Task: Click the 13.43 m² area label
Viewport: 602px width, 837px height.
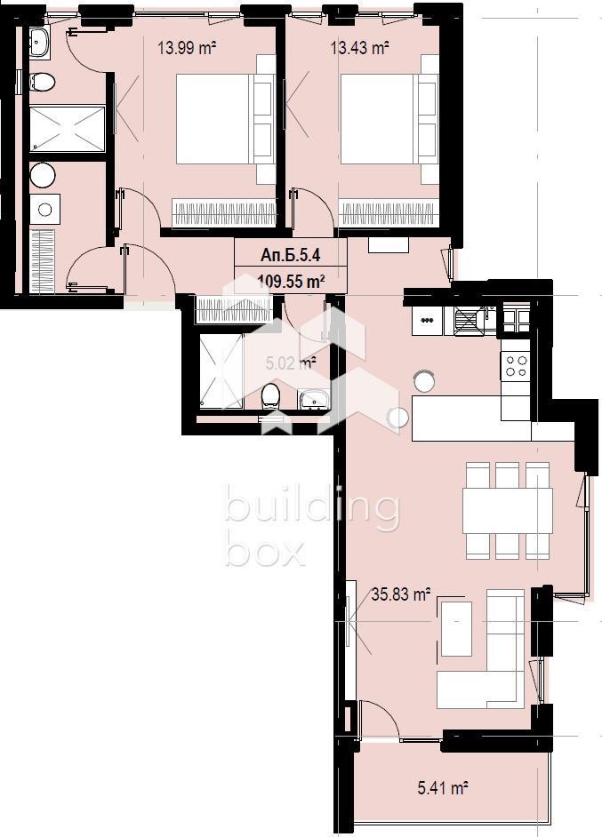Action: [x=360, y=47]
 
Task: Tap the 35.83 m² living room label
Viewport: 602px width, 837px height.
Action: [x=401, y=594]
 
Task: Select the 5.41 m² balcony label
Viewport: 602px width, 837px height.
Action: [x=443, y=787]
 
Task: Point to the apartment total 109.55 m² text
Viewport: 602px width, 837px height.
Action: [x=290, y=280]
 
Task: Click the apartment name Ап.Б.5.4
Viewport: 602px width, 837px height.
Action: [x=290, y=255]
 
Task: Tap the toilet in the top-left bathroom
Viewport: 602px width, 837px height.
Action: [x=41, y=84]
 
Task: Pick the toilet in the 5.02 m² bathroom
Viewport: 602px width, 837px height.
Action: [x=272, y=395]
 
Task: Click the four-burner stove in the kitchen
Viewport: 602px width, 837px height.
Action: [x=517, y=363]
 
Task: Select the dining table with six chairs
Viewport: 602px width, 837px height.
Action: [x=508, y=510]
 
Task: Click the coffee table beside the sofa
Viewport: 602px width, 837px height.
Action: [x=456, y=628]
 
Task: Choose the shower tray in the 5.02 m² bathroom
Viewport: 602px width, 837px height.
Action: [x=218, y=371]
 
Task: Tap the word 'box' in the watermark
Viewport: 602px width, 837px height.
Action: [x=265, y=552]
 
